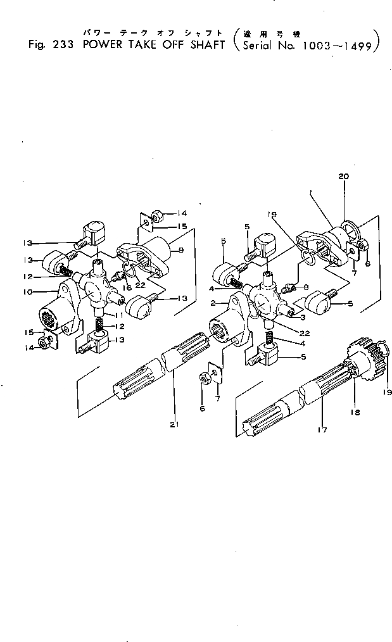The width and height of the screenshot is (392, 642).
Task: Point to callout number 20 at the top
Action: tap(343, 179)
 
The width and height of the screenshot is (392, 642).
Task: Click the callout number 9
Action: tap(181, 251)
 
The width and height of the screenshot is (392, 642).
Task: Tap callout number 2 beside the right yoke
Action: tap(215, 303)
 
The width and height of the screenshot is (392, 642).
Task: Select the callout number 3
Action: tap(303, 317)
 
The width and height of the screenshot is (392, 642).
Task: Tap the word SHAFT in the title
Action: tap(203, 45)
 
